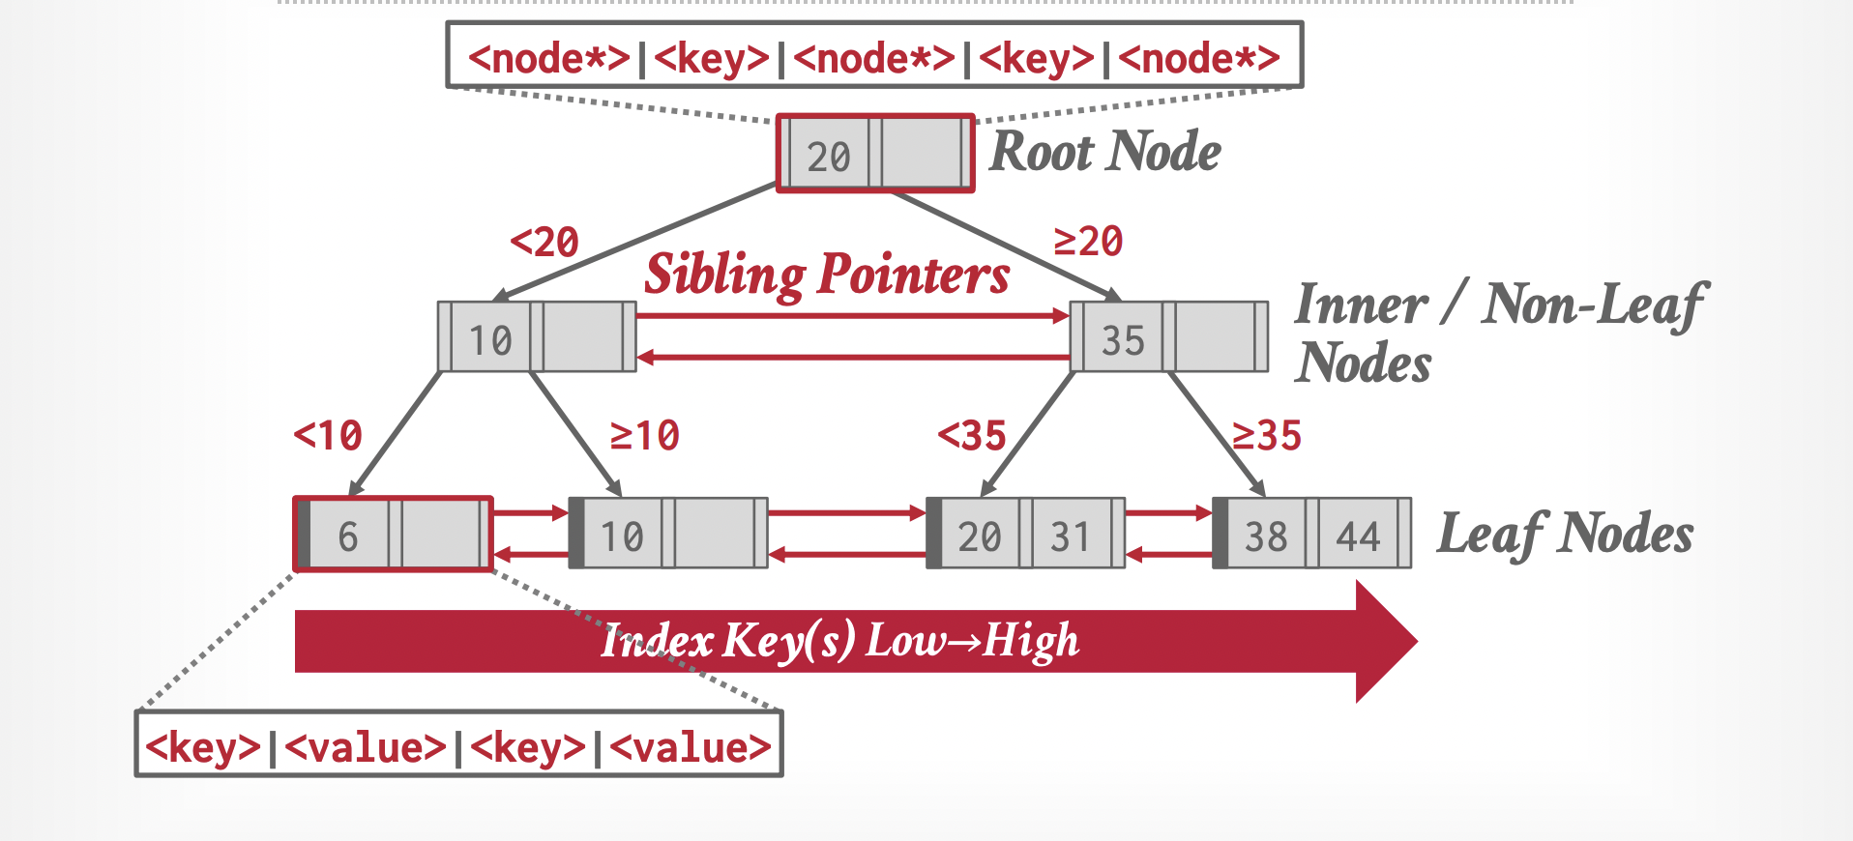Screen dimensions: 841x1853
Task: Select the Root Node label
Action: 1105,152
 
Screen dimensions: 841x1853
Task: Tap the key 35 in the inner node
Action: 1123,340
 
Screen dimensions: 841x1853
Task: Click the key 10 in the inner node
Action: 490,340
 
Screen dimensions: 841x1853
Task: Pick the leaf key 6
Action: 348,536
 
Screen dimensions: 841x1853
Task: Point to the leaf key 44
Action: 1358,536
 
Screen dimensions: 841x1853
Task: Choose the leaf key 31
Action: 1070,536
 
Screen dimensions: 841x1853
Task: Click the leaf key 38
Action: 1266,536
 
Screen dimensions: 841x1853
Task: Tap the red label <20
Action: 544,242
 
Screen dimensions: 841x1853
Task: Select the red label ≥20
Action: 1089,241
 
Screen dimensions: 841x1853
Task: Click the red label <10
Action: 328,436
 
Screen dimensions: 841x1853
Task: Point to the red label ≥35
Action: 1267,436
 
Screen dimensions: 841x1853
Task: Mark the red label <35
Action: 972,436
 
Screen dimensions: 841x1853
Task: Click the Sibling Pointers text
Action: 827,275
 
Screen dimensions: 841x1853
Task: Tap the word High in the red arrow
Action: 1031,641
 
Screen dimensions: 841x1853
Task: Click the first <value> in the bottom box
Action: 366,747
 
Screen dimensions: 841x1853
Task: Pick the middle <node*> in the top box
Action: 874,59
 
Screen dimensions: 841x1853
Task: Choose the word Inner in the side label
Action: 1361,305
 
